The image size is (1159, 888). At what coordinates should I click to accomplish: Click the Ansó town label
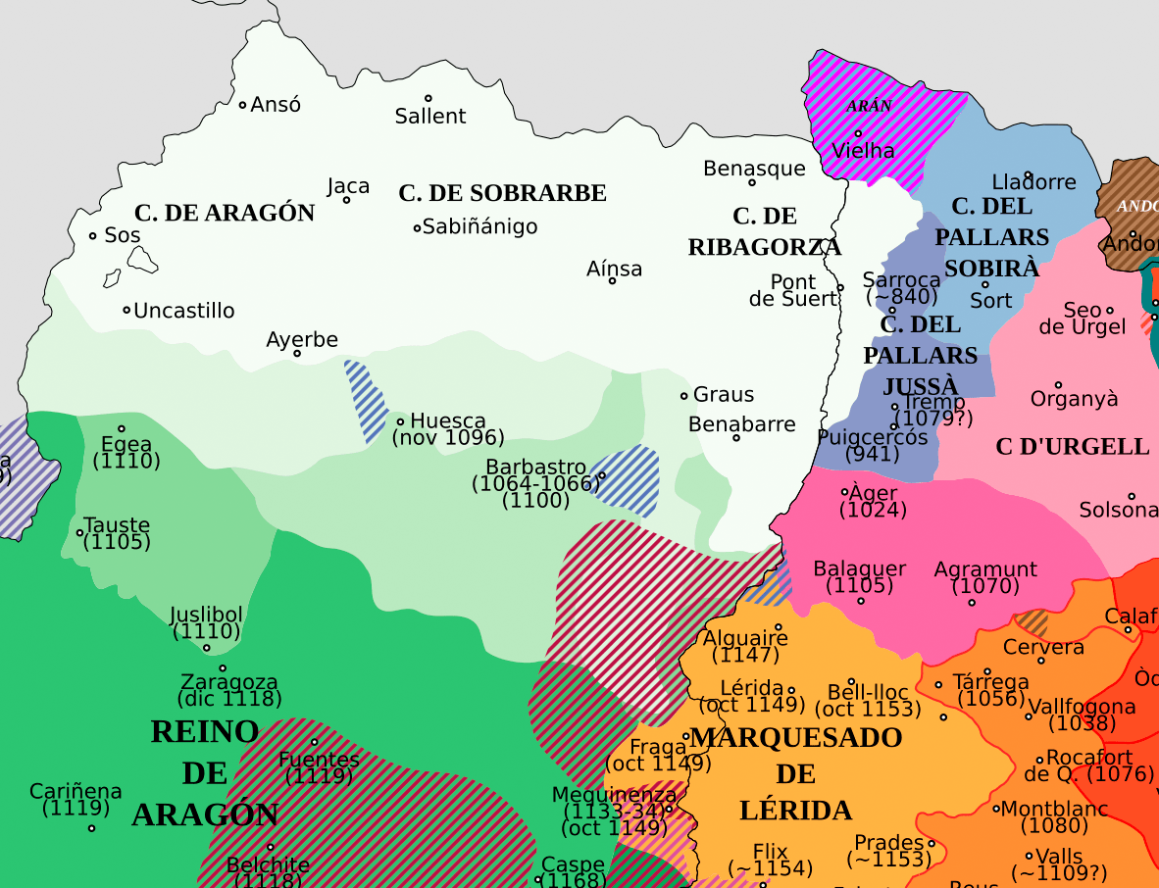276,105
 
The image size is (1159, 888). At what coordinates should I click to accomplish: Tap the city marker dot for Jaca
346,200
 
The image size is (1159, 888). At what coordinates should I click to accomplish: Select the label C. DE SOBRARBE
502,193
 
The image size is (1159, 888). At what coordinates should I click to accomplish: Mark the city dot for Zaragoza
223,668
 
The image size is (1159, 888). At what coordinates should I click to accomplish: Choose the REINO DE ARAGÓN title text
205,772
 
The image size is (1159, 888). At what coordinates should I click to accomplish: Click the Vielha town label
863,151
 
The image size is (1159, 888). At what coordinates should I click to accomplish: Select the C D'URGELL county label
1072,447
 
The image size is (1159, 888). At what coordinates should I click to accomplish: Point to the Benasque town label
754,169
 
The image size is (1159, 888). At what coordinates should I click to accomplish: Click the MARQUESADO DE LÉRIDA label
795,774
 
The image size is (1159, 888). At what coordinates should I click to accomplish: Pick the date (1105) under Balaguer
859,586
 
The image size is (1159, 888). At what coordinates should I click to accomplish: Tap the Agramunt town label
985,569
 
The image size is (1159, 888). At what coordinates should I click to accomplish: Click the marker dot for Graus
684,396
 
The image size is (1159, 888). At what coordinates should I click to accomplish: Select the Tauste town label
117,524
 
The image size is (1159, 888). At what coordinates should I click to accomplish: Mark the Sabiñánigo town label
479,226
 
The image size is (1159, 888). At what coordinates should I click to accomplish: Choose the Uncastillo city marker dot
126,310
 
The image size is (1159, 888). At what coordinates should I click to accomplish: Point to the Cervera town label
1043,647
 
